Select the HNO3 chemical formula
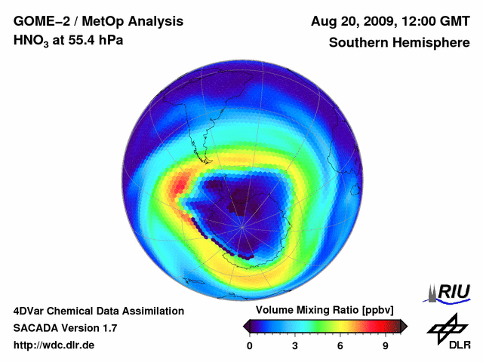click(32, 41)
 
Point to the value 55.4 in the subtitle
click(81, 41)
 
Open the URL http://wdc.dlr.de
click(54, 345)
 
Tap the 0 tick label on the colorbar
click(250, 345)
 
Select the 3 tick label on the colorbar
click(295, 345)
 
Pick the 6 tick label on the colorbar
click(340, 345)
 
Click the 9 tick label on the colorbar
click(385, 345)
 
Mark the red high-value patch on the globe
click(180, 184)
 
